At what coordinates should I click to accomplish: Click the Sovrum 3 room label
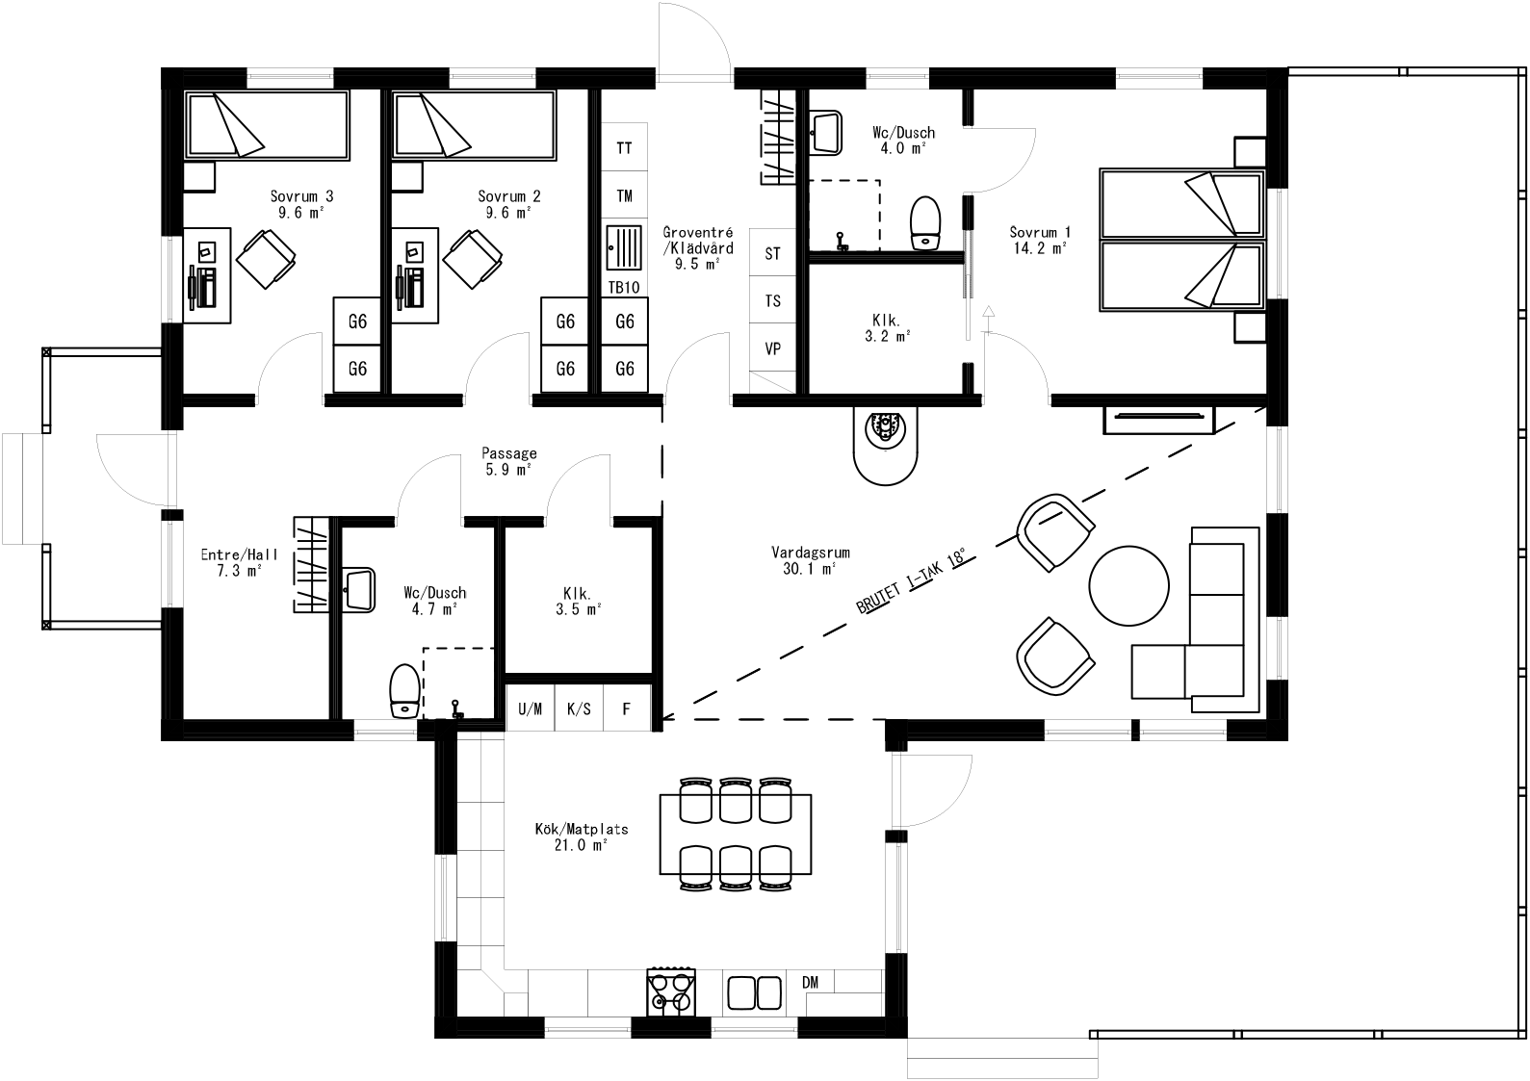[301, 204]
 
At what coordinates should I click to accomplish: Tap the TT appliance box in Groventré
[624, 148]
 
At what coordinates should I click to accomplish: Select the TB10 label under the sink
[624, 288]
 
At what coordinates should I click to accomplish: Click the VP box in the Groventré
[772, 348]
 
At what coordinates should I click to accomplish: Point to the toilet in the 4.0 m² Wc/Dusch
[925, 222]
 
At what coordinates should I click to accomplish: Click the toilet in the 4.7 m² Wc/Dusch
[403, 691]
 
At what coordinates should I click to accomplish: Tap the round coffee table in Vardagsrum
[1128, 585]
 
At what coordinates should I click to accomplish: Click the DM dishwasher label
[810, 982]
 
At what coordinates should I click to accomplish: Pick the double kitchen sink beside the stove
[754, 992]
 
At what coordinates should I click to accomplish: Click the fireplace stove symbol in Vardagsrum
[886, 430]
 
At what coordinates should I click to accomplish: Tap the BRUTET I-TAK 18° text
[909, 582]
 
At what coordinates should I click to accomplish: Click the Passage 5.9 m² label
[509, 461]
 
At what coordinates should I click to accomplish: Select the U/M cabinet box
[531, 709]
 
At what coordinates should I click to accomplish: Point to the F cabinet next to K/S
[626, 709]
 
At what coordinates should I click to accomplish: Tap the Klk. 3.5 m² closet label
[578, 601]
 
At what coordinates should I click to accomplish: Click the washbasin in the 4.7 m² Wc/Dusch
[358, 588]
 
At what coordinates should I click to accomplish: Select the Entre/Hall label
[239, 562]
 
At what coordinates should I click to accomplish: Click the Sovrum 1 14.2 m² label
[1039, 240]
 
